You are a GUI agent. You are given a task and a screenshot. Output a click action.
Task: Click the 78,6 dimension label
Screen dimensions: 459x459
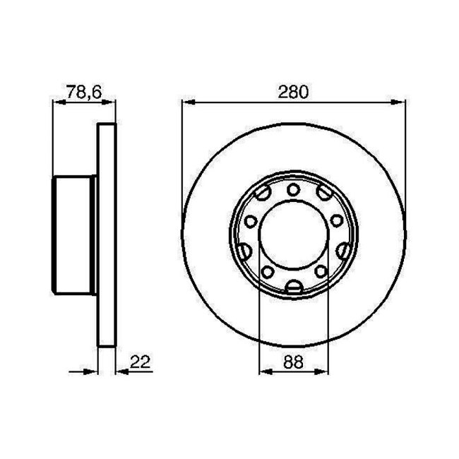click(84, 92)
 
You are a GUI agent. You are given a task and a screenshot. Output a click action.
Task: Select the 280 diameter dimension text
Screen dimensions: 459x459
click(293, 92)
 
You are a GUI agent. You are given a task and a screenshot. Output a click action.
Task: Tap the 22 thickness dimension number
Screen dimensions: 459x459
click(141, 362)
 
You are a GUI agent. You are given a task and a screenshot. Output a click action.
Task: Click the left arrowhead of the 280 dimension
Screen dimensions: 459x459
click(189, 102)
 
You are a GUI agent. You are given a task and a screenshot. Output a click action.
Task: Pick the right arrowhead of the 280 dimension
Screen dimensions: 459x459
click(398, 102)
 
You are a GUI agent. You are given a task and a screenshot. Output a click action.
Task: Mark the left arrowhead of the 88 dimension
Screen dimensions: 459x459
click(266, 371)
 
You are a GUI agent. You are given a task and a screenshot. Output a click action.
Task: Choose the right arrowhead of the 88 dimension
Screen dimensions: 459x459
click(321, 371)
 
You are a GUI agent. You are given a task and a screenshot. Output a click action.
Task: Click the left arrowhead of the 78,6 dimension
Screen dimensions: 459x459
click(59, 102)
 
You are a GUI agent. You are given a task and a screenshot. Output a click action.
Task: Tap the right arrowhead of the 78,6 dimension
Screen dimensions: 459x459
click(109, 102)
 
